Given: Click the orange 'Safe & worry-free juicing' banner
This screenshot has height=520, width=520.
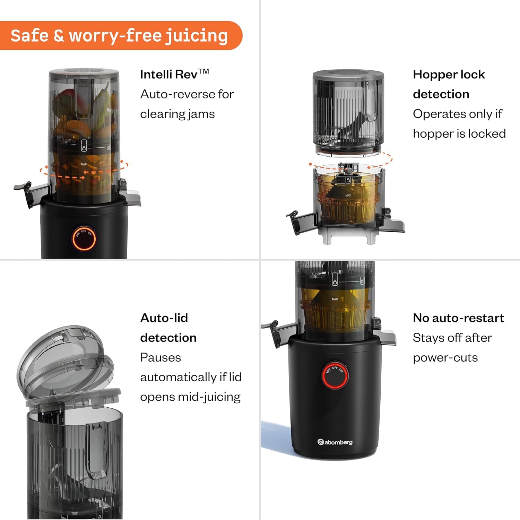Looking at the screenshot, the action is click(x=121, y=35).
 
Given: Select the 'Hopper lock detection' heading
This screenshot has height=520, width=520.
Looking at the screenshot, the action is click(x=449, y=84).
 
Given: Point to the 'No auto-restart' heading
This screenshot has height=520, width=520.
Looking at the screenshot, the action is click(x=458, y=318).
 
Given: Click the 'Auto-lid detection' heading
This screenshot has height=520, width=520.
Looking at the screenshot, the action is click(x=168, y=328).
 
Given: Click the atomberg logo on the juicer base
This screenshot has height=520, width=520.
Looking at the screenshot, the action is click(x=335, y=442).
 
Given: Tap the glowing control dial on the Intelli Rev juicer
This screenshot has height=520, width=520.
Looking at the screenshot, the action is click(x=84, y=239).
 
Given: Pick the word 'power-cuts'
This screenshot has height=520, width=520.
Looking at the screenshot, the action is click(x=445, y=358).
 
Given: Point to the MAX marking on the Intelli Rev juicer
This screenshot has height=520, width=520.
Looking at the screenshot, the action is click(x=84, y=164).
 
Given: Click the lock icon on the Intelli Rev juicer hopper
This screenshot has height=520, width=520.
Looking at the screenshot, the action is click(x=84, y=146).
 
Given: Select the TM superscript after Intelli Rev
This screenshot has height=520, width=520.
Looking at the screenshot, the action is click(x=204, y=71).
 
